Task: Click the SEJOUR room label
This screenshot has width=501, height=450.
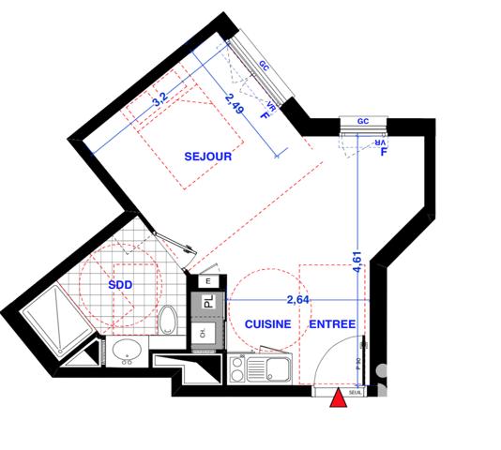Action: (x=207, y=157)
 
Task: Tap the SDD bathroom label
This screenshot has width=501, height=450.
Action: (x=119, y=285)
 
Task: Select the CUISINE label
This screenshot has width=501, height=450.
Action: (x=266, y=323)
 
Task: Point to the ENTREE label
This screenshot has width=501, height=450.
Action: (x=332, y=323)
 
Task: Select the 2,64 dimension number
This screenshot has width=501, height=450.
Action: (x=297, y=300)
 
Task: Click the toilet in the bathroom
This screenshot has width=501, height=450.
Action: (x=168, y=319)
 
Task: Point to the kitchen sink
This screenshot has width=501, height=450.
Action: (x=274, y=368)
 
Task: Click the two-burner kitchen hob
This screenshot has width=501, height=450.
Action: (x=237, y=367)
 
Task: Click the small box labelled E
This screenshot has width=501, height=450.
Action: (x=208, y=280)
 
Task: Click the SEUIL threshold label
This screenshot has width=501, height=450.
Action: (x=357, y=394)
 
